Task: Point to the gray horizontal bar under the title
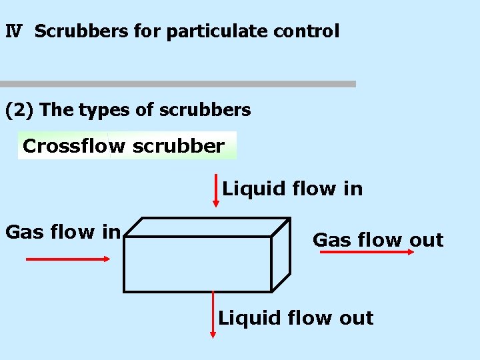click(177, 84)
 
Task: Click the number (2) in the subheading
click(19, 110)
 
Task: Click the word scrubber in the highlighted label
click(178, 146)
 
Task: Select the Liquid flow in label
click(293, 189)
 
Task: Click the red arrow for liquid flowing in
click(215, 191)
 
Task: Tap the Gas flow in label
click(63, 232)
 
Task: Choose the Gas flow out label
click(378, 239)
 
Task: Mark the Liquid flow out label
click(296, 318)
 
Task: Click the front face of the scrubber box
click(198, 264)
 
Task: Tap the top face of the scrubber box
click(207, 227)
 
